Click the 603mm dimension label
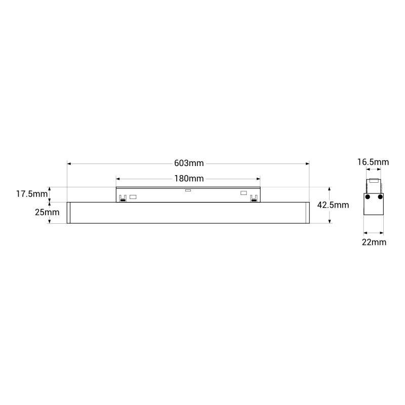click(188, 163)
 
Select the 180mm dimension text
click(188, 178)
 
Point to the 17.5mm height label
click(31, 194)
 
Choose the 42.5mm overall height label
click(333, 205)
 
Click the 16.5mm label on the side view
click(373, 162)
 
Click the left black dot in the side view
click(368, 196)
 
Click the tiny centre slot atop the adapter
click(188, 191)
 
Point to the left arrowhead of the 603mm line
click(69, 164)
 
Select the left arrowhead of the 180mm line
click(118, 178)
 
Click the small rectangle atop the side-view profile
click(374, 181)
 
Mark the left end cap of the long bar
click(69, 213)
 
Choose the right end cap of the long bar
click(307, 213)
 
